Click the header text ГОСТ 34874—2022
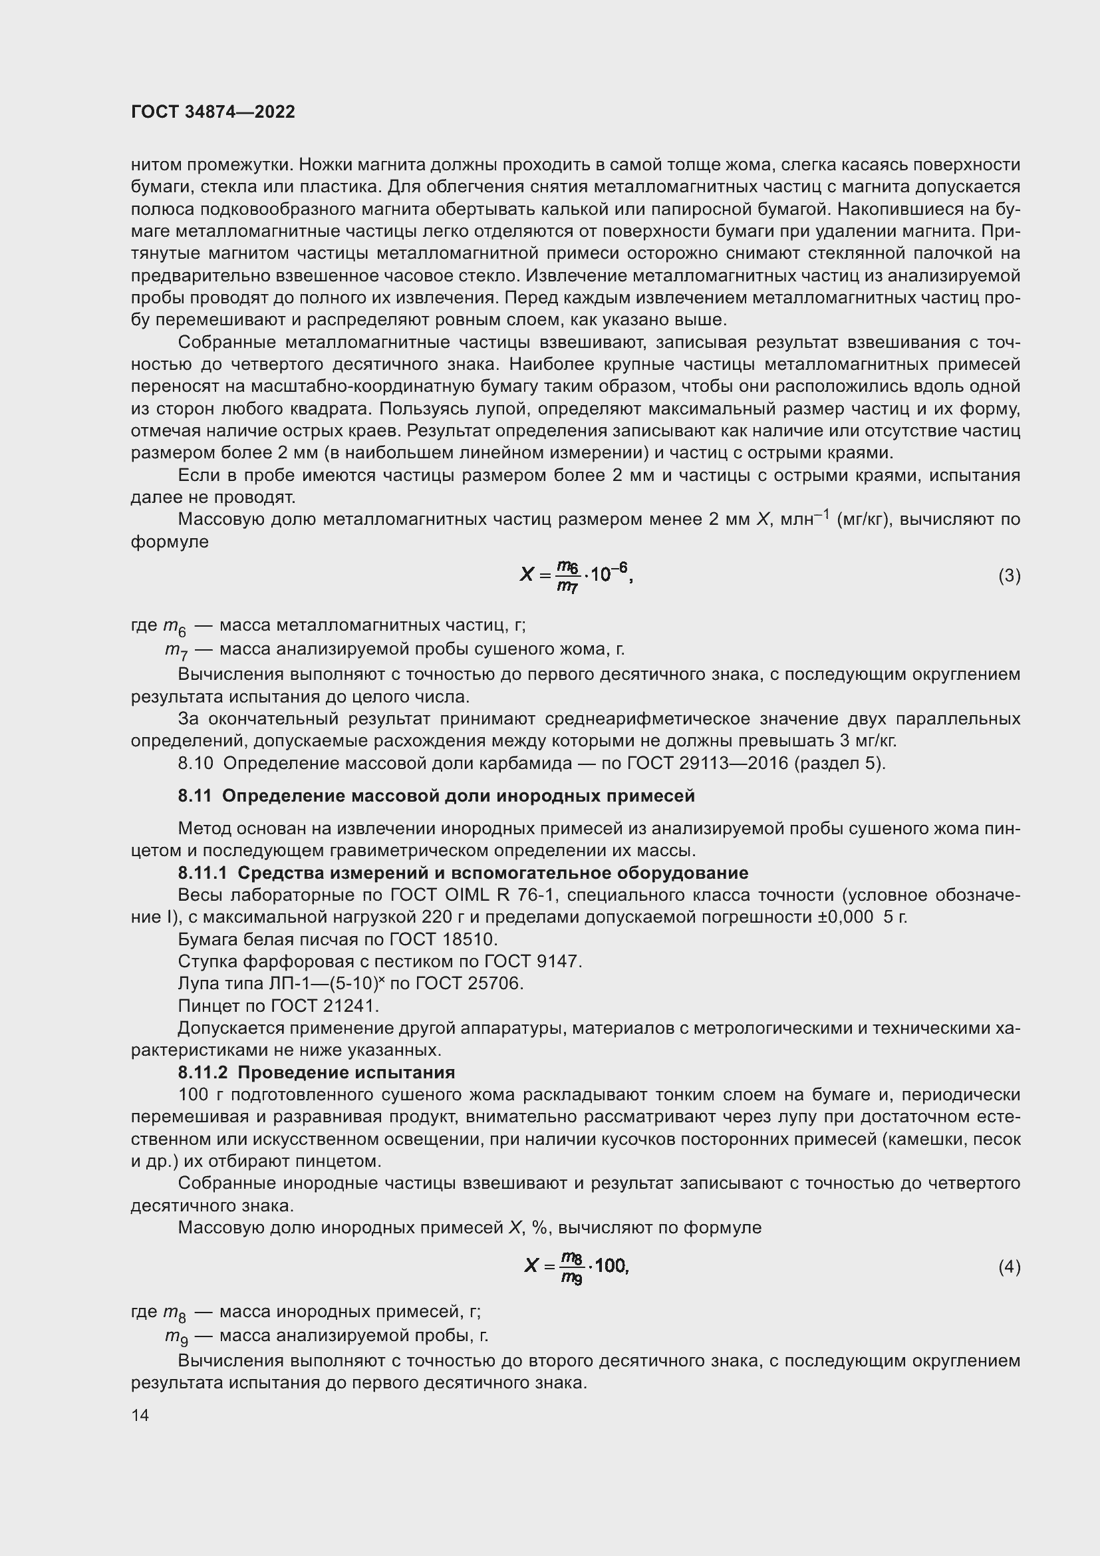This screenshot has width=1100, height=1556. (x=213, y=112)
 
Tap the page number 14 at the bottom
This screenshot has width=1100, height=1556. (x=140, y=1415)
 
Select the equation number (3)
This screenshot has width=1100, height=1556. (x=1009, y=575)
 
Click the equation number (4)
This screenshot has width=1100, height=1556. (x=1009, y=1267)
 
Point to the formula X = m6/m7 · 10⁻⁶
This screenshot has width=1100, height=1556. (x=576, y=575)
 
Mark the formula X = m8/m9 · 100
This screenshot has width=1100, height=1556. (x=577, y=1266)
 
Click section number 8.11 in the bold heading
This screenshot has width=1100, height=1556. (x=195, y=796)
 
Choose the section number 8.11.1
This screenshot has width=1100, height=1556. (x=204, y=873)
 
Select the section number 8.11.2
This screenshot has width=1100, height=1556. (x=204, y=1072)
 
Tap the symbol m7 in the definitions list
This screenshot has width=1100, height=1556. (x=176, y=651)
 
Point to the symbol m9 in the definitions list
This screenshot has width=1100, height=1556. (x=176, y=1336)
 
